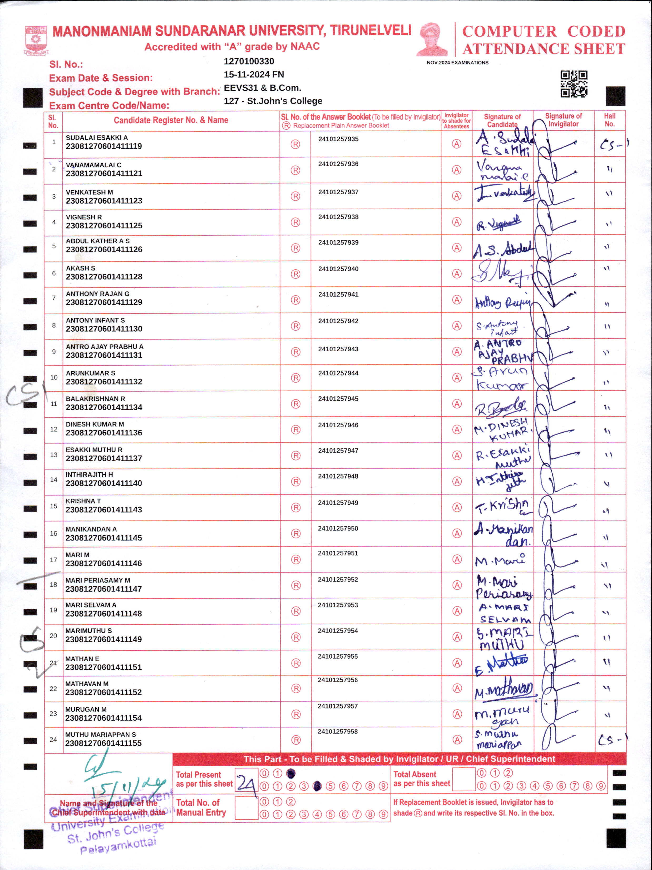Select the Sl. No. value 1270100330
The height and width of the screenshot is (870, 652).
pyautogui.click(x=249, y=61)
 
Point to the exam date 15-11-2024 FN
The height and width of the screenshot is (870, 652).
pyautogui.click(x=254, y=75)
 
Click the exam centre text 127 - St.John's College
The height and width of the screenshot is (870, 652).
pyautogui.click(x=273, y=101)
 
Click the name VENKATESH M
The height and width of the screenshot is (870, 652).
pyautogui.click(x=89, y=192)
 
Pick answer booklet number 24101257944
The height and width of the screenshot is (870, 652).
pyautogui.click(x=338, y=373)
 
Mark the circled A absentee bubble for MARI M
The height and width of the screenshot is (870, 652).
pyautogui.click(x=457, y=559)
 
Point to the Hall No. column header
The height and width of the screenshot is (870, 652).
pyautogui.click(x=610, y=120)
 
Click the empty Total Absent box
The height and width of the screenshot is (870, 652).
pyautogui.click(x=464, y=780)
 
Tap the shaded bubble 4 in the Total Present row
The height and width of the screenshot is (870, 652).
pyautogui.click(x=317, y=786)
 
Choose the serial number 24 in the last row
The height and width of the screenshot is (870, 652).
pyautogui.click(x=53, y=740)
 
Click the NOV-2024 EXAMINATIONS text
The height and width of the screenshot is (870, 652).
pyautogui.click(x=457, y=63)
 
